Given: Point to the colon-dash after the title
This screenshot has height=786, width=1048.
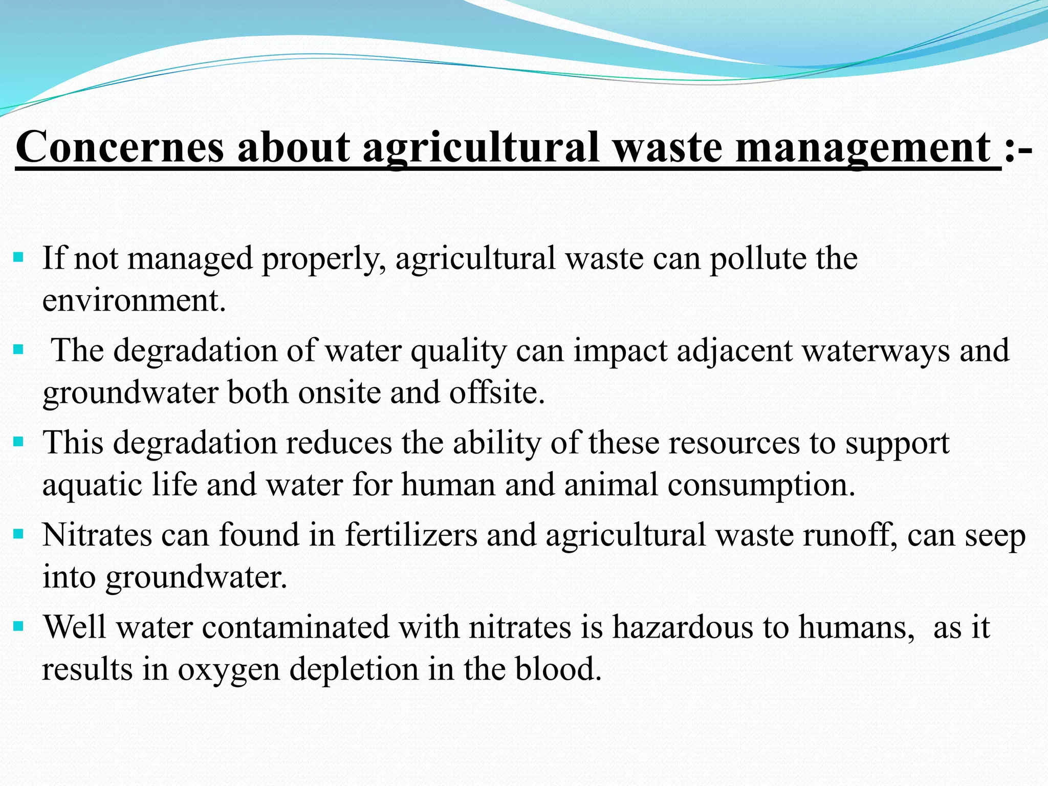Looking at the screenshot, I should click(1018, 148).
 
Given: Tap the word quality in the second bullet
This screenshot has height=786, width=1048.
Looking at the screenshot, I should click(458, 352).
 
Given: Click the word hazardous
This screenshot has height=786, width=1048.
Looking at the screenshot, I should click(683, 627).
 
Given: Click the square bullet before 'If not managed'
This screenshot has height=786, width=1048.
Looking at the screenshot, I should click(18, 256).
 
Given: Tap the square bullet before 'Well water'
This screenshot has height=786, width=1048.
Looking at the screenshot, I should click(18, 626).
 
